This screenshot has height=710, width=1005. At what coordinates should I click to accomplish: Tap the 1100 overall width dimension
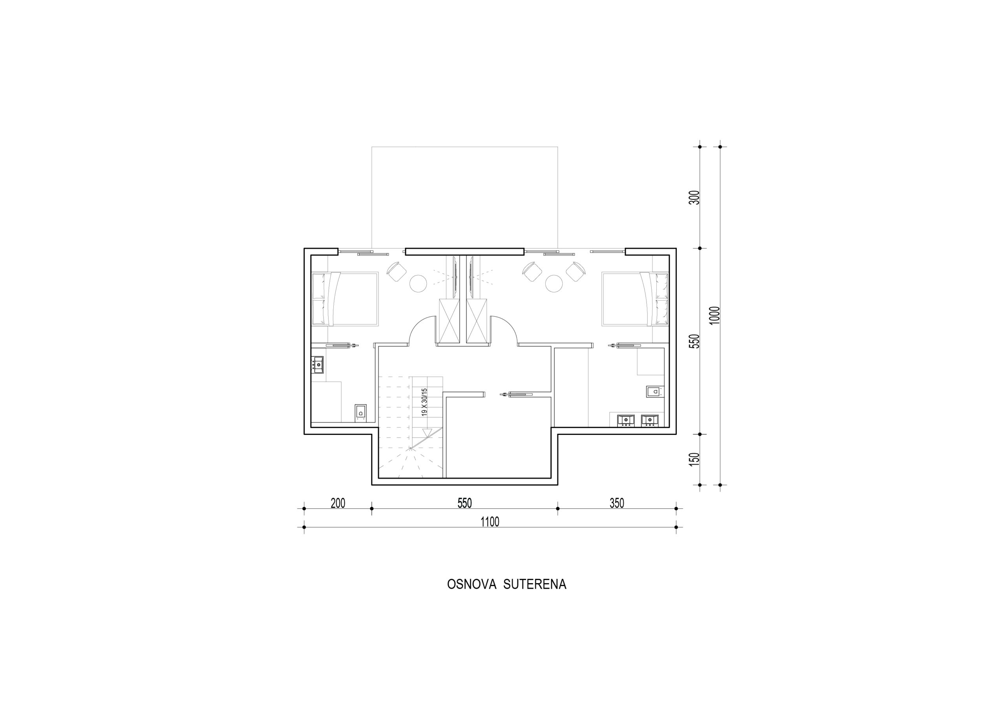490,522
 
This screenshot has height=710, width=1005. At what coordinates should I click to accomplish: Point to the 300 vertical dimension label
694,197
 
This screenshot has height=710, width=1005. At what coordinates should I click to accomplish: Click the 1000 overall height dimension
714,315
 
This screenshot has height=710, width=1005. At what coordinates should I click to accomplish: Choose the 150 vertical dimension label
694,459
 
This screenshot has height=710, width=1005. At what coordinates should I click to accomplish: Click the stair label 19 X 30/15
424,402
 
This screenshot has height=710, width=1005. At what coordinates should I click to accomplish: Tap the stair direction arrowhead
427,433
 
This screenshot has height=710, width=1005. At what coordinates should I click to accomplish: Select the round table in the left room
418,284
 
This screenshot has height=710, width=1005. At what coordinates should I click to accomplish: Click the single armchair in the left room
397,271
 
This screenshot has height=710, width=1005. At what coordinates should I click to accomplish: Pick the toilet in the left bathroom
360,412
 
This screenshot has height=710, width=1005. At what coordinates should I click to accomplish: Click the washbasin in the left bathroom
317,365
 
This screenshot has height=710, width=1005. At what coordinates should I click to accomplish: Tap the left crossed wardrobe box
450,321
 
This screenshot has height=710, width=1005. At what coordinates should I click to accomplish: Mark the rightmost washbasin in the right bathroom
650,420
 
